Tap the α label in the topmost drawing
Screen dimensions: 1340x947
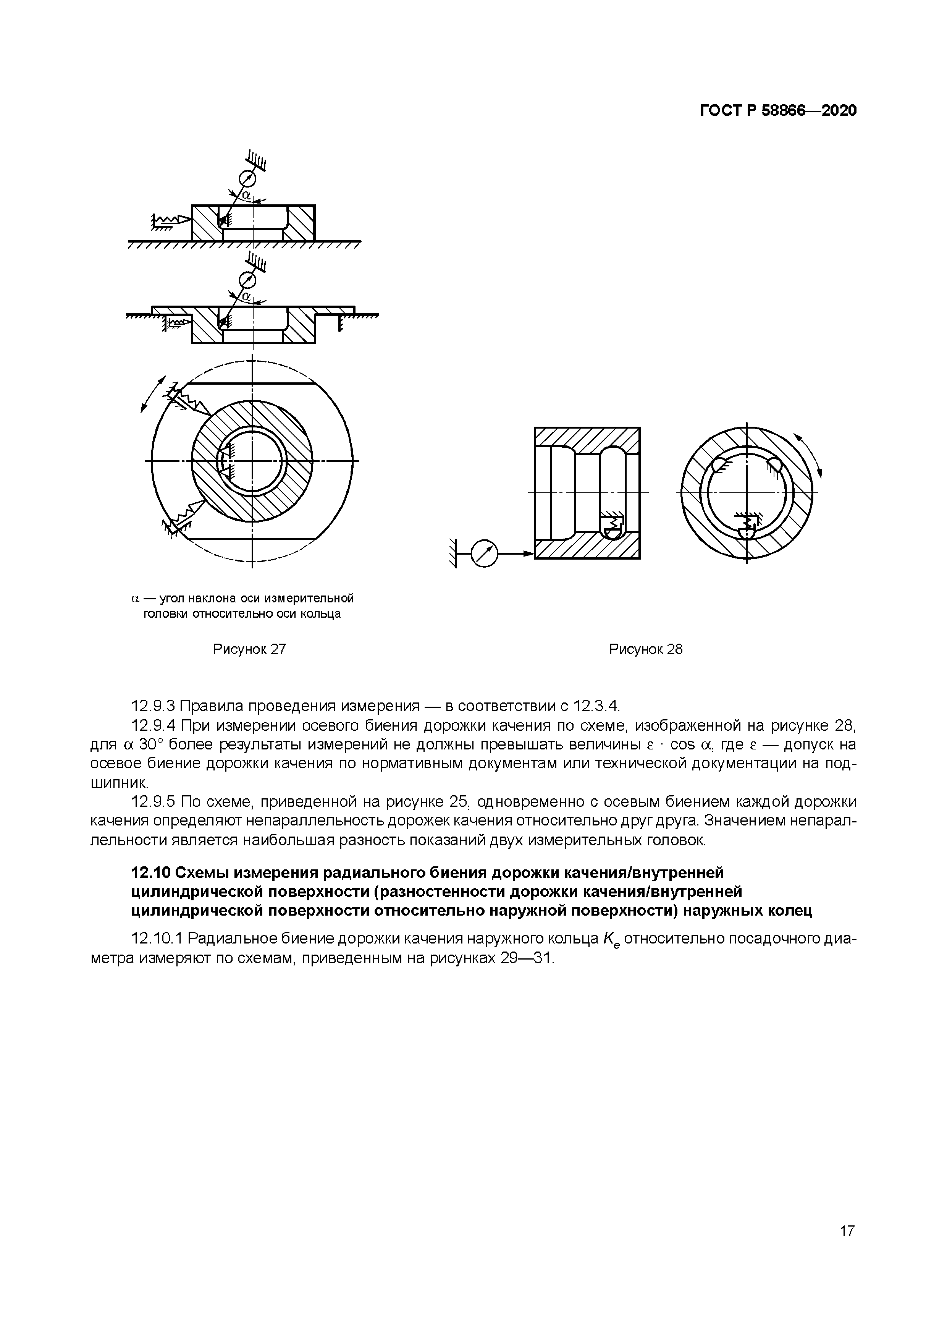[x=246, y=194]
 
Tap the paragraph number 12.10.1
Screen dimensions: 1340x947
[x=157, y=939]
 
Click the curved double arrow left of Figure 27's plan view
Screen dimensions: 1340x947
[x=152, y=394]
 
